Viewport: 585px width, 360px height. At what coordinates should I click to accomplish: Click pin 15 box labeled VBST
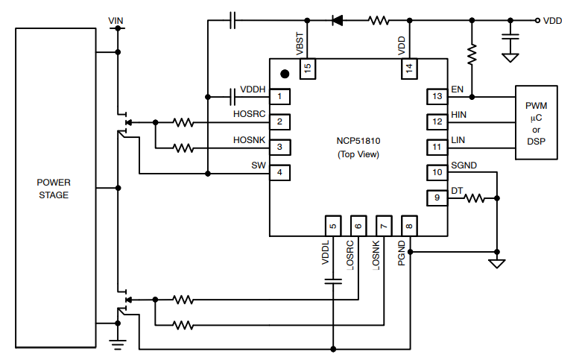[x=307, y=69]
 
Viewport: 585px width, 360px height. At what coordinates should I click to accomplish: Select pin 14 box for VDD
[x=408, y=69]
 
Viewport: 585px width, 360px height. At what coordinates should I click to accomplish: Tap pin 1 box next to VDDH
[x=279, y=96]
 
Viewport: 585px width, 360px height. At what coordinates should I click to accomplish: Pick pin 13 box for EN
[x=437, y=96]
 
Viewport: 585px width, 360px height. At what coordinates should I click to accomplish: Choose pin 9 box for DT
[x=437, y=198]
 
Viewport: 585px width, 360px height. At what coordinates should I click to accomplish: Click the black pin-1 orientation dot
[x=284, y=74]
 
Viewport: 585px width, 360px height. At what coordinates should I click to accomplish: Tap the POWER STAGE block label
[x=54, y=189]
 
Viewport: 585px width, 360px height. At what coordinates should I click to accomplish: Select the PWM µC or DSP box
[x=537, y=122]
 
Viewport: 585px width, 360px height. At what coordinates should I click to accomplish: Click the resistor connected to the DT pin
[x=475, y=198]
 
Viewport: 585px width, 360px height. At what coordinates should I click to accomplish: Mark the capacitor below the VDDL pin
[x=333, y=281]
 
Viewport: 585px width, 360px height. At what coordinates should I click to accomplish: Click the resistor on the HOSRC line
[x=183, y=121]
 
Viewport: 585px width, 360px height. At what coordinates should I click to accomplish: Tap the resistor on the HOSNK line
[x=183, y=148]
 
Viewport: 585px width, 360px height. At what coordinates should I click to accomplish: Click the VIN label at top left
[x=116, y=19]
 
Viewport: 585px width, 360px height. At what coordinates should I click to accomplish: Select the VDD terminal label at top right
[x=552, y=21]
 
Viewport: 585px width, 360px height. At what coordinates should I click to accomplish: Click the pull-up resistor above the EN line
[x=471, y=54]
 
